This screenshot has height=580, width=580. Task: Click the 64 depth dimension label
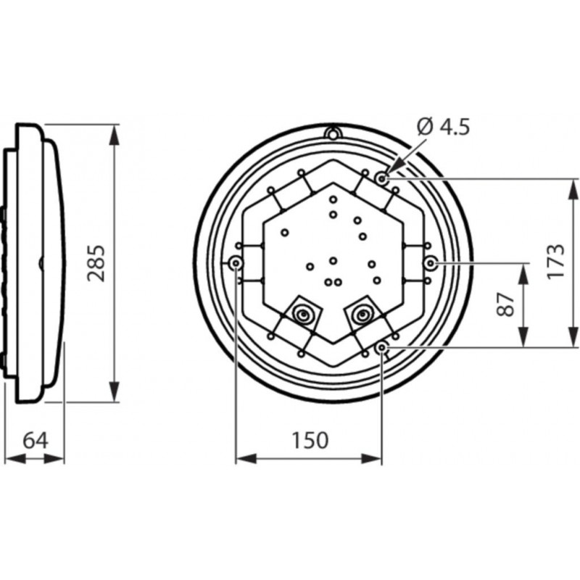tap(34, 440)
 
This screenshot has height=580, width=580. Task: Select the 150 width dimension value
tap(310, 440)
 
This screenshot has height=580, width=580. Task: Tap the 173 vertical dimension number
tap(555, 261)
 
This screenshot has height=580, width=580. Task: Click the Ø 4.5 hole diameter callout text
tap(444, 128)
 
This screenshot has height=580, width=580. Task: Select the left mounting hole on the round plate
tap(236, 262)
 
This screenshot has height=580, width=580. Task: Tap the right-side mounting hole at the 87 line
tap(430, 262)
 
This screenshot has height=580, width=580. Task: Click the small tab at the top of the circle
tap(333, 133)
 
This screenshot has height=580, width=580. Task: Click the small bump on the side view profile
tap(41, 262)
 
